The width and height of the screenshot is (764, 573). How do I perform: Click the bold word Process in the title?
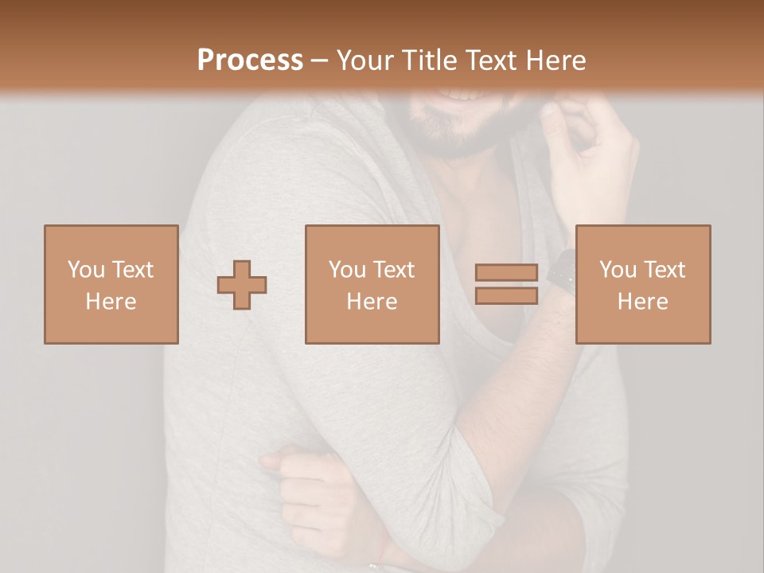[250, 60]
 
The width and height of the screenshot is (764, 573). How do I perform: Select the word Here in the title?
[555, 60]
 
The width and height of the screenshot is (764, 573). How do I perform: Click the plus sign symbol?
[242, 285]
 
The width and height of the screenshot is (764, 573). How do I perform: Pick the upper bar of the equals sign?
[506, 273]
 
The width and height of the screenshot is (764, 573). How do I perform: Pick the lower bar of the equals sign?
[506, 295]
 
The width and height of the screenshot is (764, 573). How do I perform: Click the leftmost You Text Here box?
[111, 284]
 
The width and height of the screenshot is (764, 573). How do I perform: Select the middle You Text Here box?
[372, 284]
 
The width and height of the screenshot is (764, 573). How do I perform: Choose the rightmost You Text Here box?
[643, 284]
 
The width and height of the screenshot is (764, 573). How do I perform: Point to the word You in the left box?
[84, 270]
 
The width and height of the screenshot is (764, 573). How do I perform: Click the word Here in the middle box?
[372, 302]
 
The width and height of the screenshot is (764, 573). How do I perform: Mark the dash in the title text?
[319, 60]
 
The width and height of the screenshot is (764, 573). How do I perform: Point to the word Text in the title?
[491, 60]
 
